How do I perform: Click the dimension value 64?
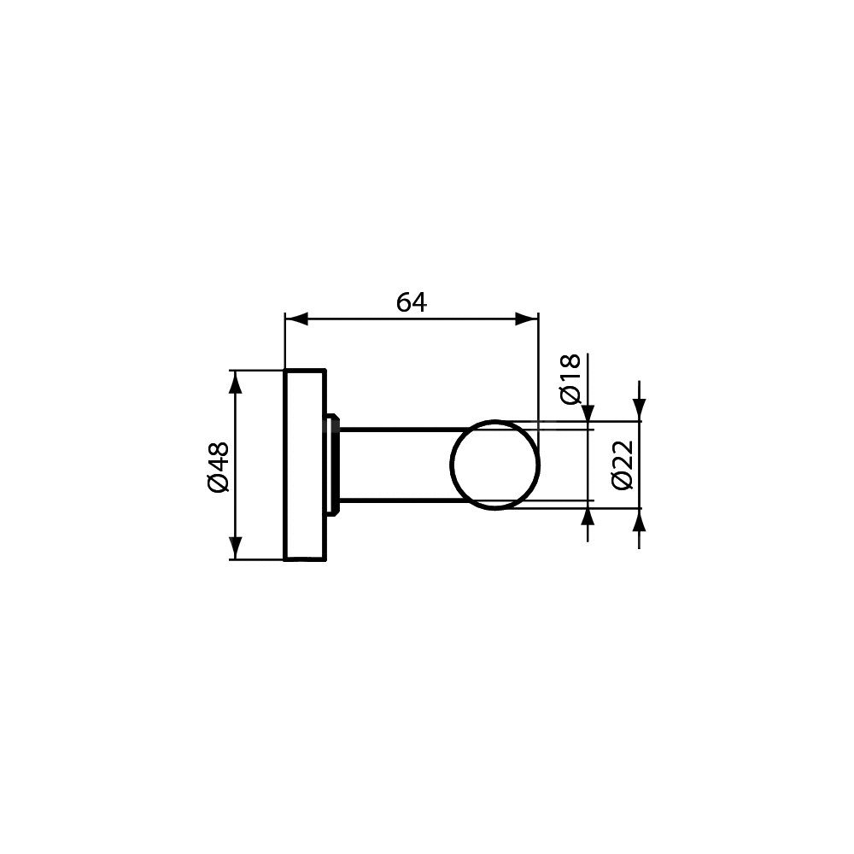pyautogui.click(x=412, y=302)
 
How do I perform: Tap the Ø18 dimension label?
pyautogui.click(x=570, y=380)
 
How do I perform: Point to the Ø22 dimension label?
pyautogui.click(x=622, y=465)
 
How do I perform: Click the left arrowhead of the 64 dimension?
pyautogui.click(x=297, y=319)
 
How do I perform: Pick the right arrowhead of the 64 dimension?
pyautogui.click(x=527, y=319)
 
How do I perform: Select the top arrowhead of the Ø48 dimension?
pyautogui.click(x=236, y=381)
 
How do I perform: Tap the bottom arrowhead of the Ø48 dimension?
pyautogui.click(x=236, y=548)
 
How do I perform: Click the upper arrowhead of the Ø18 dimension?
pyautogui.click(x=588, y=412)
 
